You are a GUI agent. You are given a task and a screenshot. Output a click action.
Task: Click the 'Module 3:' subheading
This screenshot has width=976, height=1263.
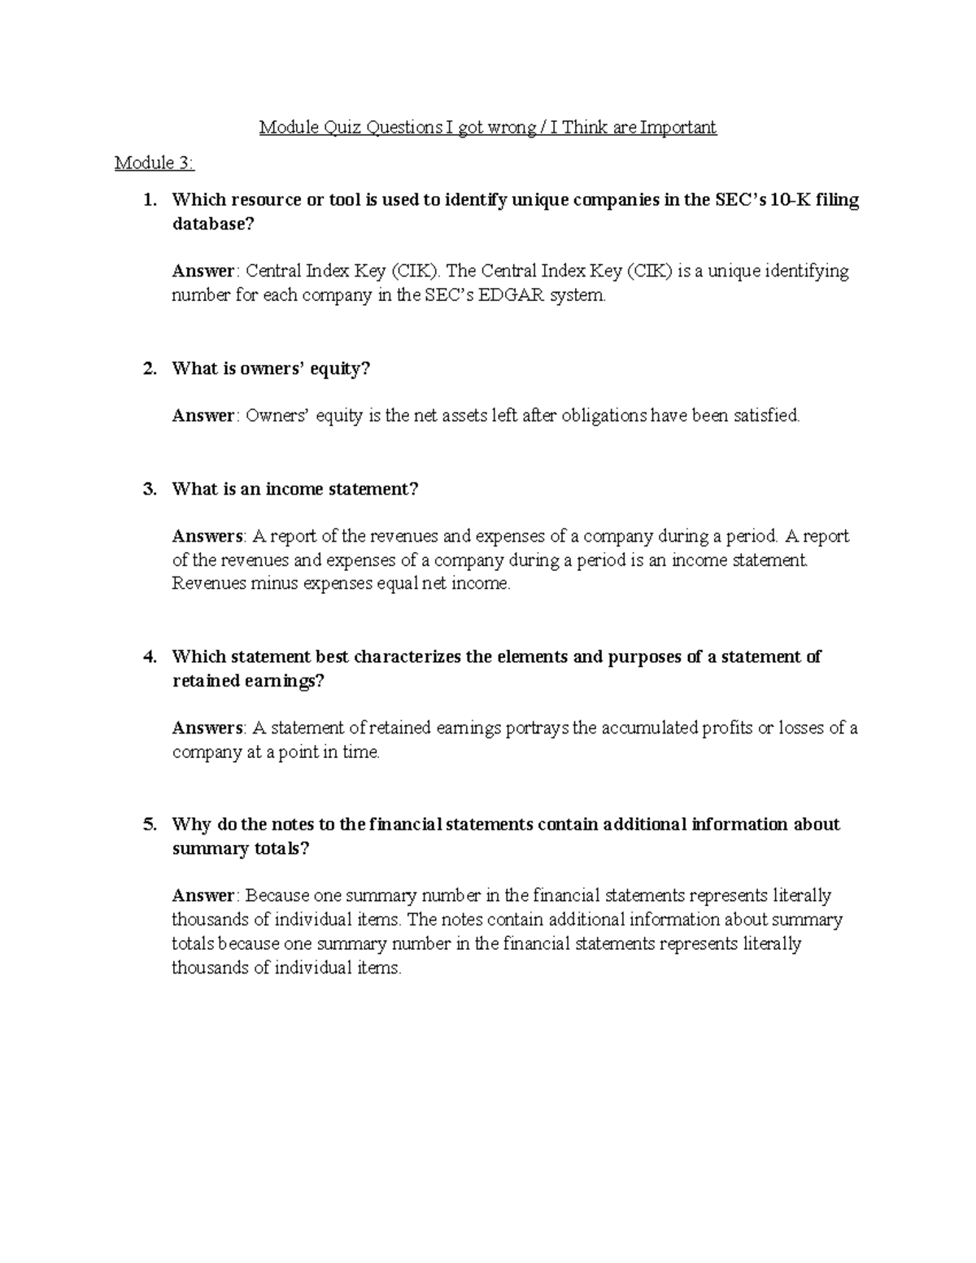coord(155,163)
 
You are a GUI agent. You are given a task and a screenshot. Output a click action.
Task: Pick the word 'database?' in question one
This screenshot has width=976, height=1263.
coord(213,224)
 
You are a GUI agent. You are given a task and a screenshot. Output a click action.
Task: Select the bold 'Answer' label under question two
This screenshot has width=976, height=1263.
coord(203,416)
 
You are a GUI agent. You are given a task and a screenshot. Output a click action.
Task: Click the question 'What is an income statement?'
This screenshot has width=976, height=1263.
coord(295,489)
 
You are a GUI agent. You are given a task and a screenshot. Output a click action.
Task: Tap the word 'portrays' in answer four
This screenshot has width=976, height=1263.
coord(538,728)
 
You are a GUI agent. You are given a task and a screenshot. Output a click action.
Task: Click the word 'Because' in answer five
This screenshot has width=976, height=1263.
coord(277,895)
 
